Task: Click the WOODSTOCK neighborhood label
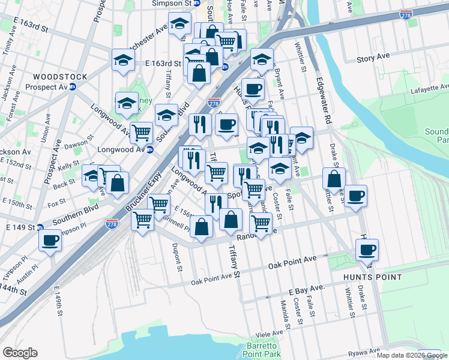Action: click(59, 77)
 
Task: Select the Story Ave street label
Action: click(373, 56)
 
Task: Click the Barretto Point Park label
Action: click(261, 350)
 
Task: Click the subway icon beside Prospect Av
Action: click(73, 86)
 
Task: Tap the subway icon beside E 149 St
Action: click(40, 227)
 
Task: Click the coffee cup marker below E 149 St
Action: click(50, 240)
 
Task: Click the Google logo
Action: click(20, 353)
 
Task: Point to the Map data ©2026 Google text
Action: click(412, 355)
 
